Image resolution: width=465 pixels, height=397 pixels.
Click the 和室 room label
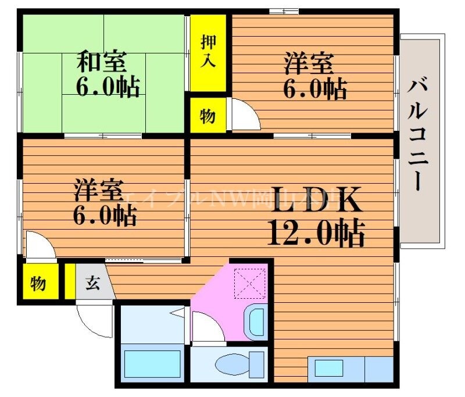[x=102, y=61]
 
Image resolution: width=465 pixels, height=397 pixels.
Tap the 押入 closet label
[x=208, y=51]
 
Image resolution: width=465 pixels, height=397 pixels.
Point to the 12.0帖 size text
[x=316, y=233]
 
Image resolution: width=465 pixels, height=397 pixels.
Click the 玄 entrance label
[x=92, y=283]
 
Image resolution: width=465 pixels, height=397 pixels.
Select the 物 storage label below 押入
[x=208, y=116]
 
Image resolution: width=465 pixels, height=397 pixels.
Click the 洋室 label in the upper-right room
[x=309, y=63]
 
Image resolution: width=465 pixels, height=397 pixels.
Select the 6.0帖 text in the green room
[x=107, y=88]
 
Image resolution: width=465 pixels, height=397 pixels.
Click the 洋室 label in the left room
[x=98, y=189]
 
